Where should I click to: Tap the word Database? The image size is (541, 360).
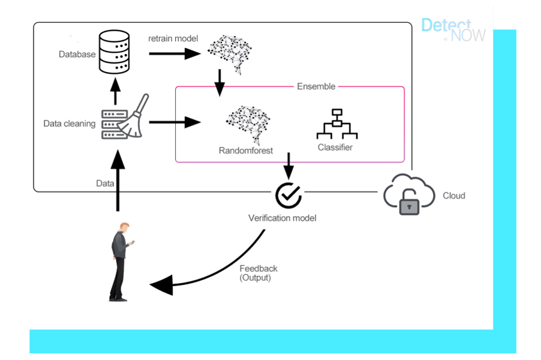click(x=77, y=55)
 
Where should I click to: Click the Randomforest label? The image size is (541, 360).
click(x=246, y=151)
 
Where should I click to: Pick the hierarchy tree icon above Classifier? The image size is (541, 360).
click(x=336, y=124)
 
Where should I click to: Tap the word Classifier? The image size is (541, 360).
click(x=335, y=147)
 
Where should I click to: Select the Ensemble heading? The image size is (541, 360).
click(x=316, y=86)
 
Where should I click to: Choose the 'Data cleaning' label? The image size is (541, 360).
click(x=69, y=124)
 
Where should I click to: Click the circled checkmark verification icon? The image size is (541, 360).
click(x=288, y=194)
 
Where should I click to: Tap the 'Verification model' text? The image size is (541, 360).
click(x=282, y=218)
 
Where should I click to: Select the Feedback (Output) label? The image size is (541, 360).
click(x=258, y=274)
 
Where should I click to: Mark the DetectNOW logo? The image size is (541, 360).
click(x=453, y=29)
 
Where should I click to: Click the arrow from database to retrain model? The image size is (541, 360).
click(x=174, y=53)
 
